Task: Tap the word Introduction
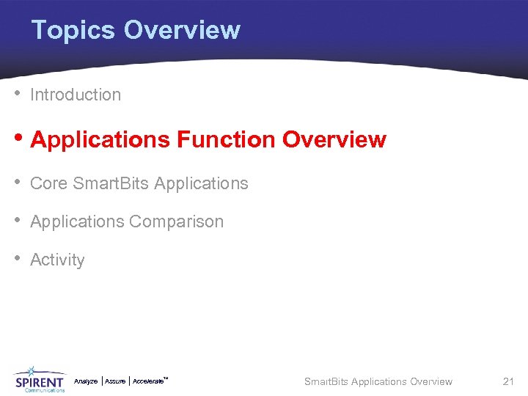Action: click(x=76, y=95)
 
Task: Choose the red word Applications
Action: click(x=100, y=140)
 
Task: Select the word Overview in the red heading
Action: click(x=334, y=140)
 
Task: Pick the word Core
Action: click(x=48, y=183)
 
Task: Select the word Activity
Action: click(x=57, y=260)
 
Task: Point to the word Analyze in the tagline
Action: click(x=86, y=381)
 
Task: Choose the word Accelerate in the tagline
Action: click(x=149, y=381)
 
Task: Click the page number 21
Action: click(x=508, y=381)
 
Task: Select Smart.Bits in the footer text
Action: click(x=326, y=381)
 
